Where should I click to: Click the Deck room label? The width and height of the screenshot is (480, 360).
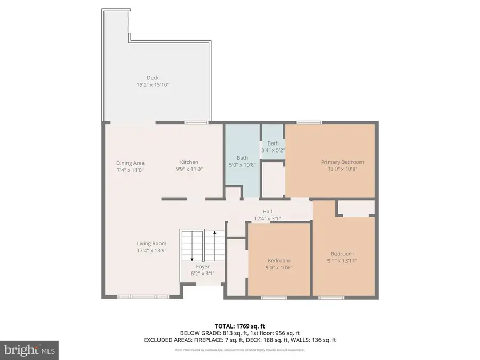pyautogui.click(x=153, y=78)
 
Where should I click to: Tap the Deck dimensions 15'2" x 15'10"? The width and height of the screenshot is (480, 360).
pyautogui.click(x=153, y=85)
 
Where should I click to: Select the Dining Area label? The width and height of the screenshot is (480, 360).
pyautogui.click(x=130, y=163)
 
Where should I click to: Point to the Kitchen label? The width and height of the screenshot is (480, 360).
pyautogui.click(x=189, y=162)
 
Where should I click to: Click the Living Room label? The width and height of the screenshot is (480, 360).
pyautogui.click(x=151, y=244)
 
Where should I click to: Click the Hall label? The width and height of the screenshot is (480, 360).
pyautogui.click(x=268, y=211)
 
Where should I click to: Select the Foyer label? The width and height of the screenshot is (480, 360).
pyautogui.click(x=203, y=266)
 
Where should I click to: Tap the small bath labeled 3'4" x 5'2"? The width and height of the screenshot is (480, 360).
pyautogui.click(x=273, y=147)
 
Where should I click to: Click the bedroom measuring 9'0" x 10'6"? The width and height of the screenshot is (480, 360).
pyautogui.click(x=279, y=263)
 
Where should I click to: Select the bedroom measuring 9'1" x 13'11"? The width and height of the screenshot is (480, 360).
pyautogui.click(x=342, y=257)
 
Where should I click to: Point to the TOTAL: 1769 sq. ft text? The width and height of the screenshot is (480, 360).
pyautogui.click(x=239, y=325)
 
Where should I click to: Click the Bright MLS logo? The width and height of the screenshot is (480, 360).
pyautogui.click(x=29, y=350)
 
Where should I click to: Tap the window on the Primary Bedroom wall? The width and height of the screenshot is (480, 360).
pyautogui.click(x=305, y=123)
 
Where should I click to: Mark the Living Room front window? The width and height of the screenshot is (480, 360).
pyautogui.click(x=143, y=297)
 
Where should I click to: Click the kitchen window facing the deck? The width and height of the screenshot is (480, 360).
pyautogui.click(x=193, y=123)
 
